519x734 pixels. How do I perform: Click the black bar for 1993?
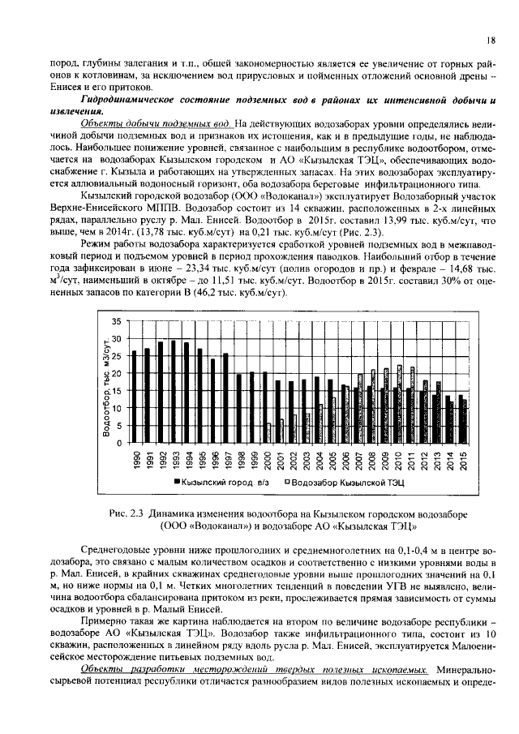pos(173,393)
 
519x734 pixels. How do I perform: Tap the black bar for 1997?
pos(225,398)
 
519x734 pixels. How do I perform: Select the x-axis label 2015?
pos(463,460)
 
